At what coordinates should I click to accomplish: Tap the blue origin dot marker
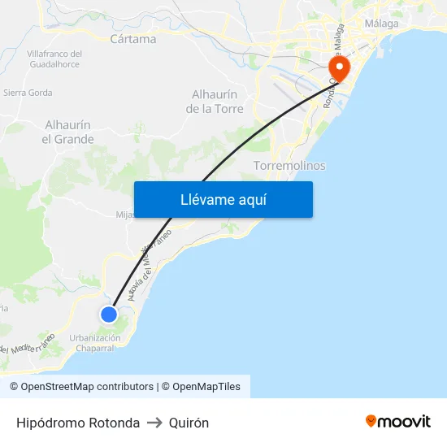[x=109, y=314]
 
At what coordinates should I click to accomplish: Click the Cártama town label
[x=132, y=38]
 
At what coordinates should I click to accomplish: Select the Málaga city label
[x=382, y=24]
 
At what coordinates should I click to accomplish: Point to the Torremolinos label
[x=289, y=166]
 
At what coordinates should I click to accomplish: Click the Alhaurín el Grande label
[x=67, y=132]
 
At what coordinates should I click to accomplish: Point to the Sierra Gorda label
[x=28, y=93]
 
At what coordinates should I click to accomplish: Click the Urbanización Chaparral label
[x=95, y=343]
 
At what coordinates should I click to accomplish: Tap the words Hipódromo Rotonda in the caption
[x=78, y=423]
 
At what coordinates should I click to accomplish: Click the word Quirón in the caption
[x=189, y=423]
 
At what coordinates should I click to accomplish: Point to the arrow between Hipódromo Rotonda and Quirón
[x=154, y=423]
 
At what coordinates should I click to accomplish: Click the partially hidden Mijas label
[x=124, y=215]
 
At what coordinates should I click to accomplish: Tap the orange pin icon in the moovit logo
[x=371, y=421]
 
